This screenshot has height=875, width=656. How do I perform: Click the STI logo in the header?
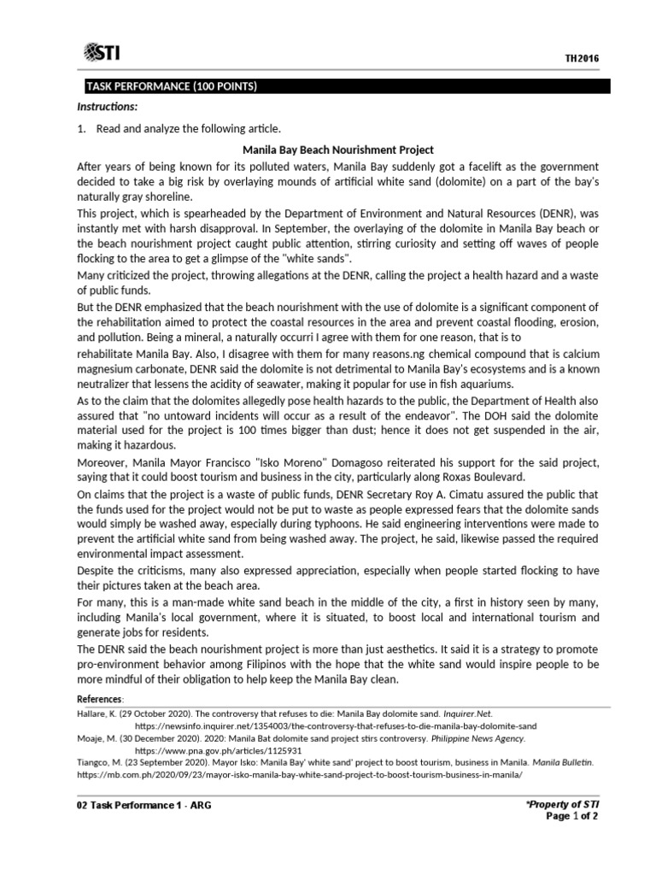click(102, 54)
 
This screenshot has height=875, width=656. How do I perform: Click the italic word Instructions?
click(107, 107)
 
